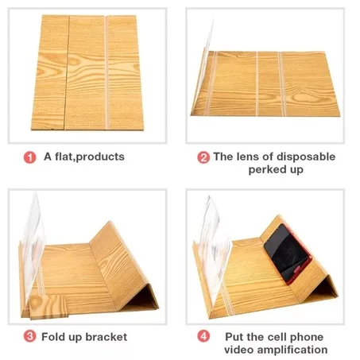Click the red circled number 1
29,157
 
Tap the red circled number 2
203,157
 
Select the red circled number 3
29,336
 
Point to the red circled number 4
203,336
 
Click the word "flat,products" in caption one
90,157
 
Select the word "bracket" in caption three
106,337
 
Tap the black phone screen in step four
286,253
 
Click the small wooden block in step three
48,307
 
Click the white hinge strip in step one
106,72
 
